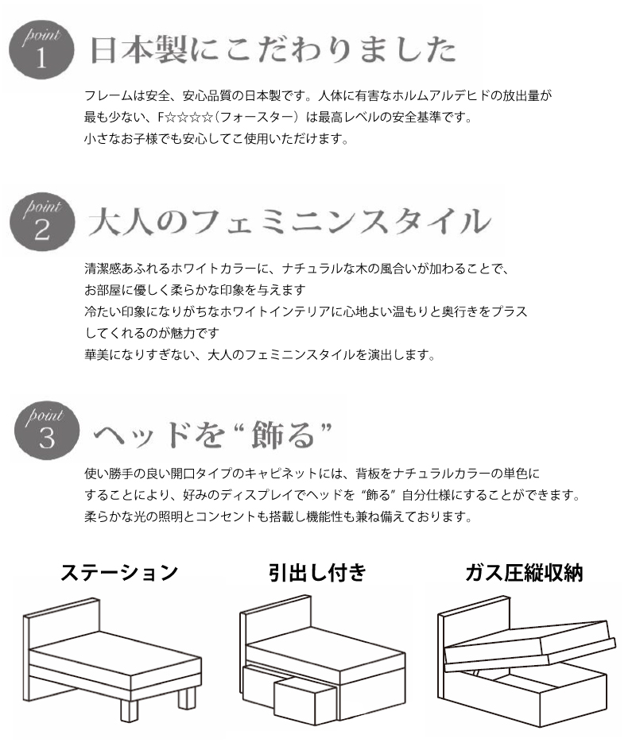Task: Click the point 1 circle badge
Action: click(x=41, y=49)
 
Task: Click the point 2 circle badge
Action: click(x=42, y=222)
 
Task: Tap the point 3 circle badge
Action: click(x=46, y=431)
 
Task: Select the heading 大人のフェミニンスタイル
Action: click(x=289, y=222)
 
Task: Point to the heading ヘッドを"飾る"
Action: click(x=212, y=434)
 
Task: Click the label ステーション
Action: click(x=118, y=573)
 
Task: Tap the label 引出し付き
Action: click(x=317, y=573)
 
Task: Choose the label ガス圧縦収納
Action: click(x=524, y=573)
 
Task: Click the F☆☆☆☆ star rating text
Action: click(x=185, y=118)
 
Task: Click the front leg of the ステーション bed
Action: click(x=129, y=706)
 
